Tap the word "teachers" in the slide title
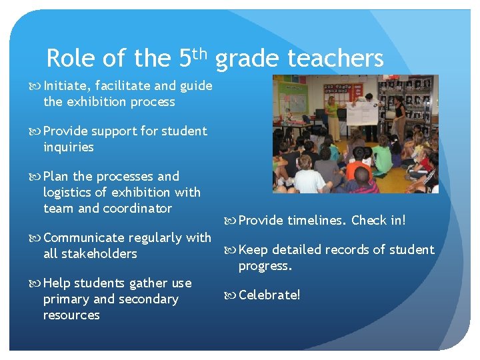335,59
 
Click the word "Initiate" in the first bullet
67,85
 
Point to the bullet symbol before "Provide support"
37,131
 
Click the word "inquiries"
69,147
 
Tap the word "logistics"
70,193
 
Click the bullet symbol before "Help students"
37,283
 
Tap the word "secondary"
150,299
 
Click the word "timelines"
316,221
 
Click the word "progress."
265,266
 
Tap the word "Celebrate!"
269,295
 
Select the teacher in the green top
331,117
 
